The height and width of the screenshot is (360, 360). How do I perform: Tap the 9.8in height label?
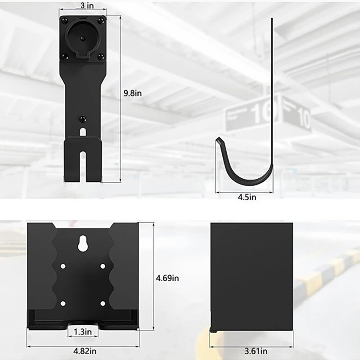pyautogui.click(x=133, y=94)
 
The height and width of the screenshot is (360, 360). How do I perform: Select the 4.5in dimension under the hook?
pyautogui.click(x=247, y=197)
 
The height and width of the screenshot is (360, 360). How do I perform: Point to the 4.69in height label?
pyautogui.click(x=167, y=279)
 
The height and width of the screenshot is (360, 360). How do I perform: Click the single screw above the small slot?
pyautogui.click(x=82, y=119)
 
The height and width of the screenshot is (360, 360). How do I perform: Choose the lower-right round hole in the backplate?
pyautogui.click(x=103, y=303)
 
